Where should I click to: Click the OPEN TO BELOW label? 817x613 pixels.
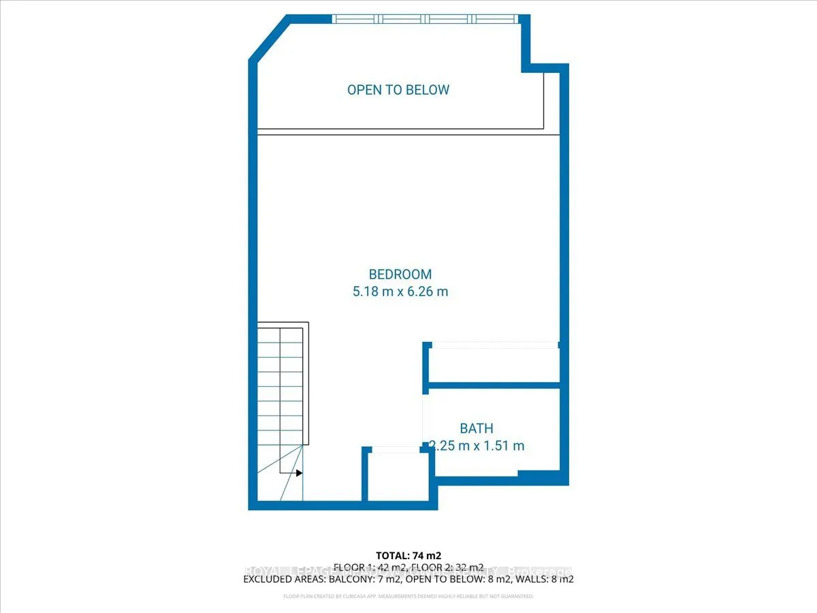tap(398, 90)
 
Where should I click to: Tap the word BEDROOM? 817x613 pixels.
tap(400, 274)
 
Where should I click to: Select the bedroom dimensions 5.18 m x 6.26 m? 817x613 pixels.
tap(400, 292)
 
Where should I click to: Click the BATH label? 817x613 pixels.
tap(477, 428)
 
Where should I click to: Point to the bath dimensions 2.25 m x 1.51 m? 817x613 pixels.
tap(477, 446)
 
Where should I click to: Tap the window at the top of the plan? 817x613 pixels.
tap(425, 19)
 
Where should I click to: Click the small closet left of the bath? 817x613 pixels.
tap(398, 477)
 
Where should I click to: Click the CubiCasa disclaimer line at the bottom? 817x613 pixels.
tap(408, 597)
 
